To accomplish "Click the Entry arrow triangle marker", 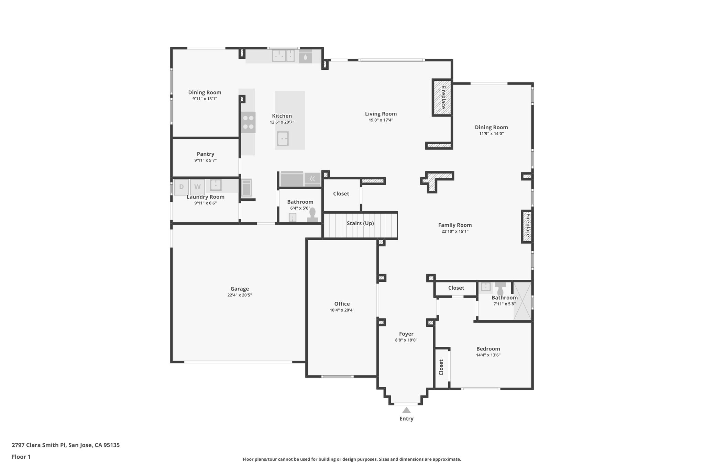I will (406, 410).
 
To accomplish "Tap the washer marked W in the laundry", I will (197, 187).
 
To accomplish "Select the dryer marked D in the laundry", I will (181, 187).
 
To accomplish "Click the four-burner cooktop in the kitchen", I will (248, 122).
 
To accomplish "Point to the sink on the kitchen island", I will (283, 139).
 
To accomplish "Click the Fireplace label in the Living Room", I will (443, 98).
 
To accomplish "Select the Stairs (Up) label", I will (360, 223).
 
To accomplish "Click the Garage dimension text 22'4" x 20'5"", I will (240, 295).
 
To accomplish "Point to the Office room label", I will (342, 304).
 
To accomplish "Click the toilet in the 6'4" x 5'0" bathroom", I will (312, 216).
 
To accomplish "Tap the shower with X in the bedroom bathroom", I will (522, 301).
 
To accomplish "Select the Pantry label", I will (206, 154).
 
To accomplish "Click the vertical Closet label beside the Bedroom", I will (441, 367).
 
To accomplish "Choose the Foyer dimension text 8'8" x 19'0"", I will (406, 340).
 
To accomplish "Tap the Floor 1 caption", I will (21, 457).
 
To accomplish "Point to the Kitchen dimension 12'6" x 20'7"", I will (282, 122).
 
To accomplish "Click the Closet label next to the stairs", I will (341, 194).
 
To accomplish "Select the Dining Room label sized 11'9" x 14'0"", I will (491, 127).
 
